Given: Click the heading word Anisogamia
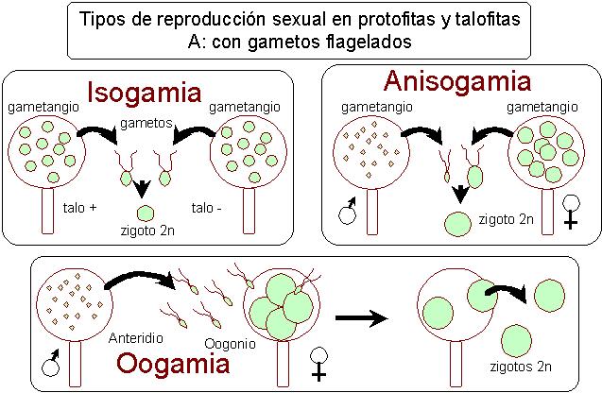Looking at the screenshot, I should (x=456, y=82).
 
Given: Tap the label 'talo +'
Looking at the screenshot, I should (x=80, y=207).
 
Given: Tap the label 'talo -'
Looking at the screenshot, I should (x=206, y=207).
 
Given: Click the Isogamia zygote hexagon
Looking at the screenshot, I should (x=146, y=213).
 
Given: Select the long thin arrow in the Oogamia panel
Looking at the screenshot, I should (x=363, y=318).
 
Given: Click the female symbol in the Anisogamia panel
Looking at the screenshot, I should (x=571, y=211).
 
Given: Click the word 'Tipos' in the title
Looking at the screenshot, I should (x=100, y=19).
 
